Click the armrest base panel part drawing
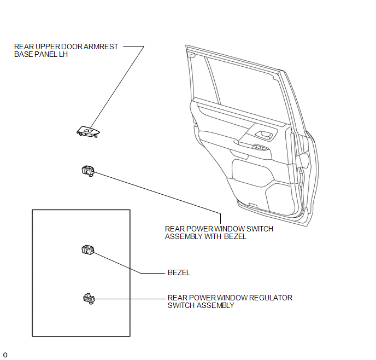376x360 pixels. pos(88,132)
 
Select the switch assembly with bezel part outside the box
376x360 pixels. pos(88,171)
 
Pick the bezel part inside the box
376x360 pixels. pos(88,250)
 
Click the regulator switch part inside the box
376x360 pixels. pos(89,299)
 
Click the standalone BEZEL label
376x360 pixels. pos(179,272)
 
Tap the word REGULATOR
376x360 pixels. pos(271,298)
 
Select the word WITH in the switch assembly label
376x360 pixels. pos(213,237)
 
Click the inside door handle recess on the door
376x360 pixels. pos(265,135)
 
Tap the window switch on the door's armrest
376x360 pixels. pos(261,147)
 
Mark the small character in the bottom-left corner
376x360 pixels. pos(5,355)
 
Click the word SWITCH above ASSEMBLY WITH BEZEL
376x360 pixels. pos(260,229)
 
